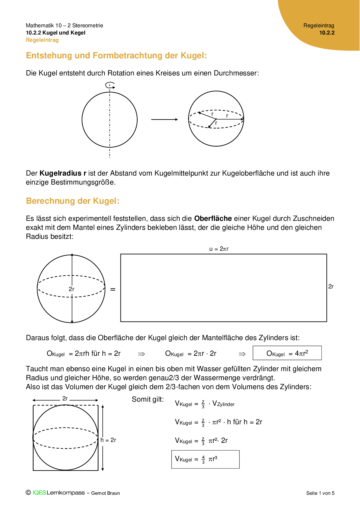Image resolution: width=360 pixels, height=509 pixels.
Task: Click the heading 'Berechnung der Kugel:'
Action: pyautogui.click(x=73, y=201)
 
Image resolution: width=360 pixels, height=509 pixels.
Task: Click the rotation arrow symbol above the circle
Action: pyautogui.click(x=110, y=85)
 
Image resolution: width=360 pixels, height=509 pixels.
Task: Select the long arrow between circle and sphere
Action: pyautogui.click(x=164, y=119)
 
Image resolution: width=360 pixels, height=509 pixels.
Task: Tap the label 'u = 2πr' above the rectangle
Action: pyautogui.click(x=219, y=249)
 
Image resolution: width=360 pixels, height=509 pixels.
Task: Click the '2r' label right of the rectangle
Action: pyautogui.click(x=331, y=286)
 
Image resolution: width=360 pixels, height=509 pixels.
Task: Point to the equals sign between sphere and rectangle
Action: pyautogui.click(x=113, y=289)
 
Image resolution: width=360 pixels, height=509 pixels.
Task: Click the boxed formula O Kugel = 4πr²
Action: pyautogui.click(x=287, y=353)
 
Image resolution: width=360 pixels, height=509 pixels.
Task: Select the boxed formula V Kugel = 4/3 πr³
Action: pyautogui.click(x=205, y=459)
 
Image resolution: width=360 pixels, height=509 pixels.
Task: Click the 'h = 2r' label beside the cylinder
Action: pyautogui.click(x=108, y=440)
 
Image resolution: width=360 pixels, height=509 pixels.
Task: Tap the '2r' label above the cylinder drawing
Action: pyautogui.click(x=65, y=399)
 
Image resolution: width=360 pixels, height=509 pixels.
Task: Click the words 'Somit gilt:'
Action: pyautogui.click(x=148, y=399)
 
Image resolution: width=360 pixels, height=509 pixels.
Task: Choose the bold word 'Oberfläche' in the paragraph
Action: pyautogui.click(x=213, y=219)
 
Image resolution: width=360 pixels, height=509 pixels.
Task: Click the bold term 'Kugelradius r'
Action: pyautogui.click(x=63, y=173)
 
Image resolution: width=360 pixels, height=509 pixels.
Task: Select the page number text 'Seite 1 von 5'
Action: pyautogui.click(x=320, y=493)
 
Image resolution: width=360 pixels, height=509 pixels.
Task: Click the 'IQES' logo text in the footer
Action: pyautogui.click(x=39, y=493)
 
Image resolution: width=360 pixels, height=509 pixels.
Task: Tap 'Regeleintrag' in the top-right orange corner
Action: pyautogui.click(x=319, y=26)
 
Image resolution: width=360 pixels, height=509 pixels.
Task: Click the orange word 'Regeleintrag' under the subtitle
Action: pyautogui.click(x=42, y=40)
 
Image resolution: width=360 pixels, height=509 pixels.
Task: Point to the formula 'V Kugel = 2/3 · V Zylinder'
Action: pyautogui.click(x=205, y=404)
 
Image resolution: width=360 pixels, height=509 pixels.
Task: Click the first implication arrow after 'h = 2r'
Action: pyautogui.click(x=141, y=354)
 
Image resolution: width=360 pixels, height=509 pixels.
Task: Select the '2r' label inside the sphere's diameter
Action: pyautogui.click(x=71, y=289)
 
